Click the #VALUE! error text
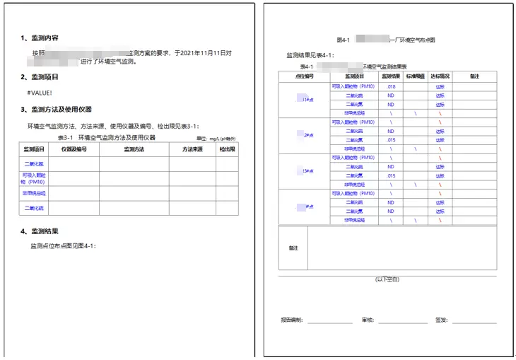click(40, 93)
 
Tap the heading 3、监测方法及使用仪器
click(57, 109)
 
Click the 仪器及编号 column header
click(74, 149)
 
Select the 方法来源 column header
click(192, 149)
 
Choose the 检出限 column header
click(227, 149)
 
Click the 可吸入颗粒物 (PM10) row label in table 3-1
click(34, 178)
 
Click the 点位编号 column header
click(303, 76)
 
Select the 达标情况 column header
click(440, 76)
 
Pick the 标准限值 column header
click(416, 76)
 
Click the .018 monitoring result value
click(391, 86)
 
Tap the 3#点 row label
click(306, 171)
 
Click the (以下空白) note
click(387, 279)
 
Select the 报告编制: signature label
click(291, 320)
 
